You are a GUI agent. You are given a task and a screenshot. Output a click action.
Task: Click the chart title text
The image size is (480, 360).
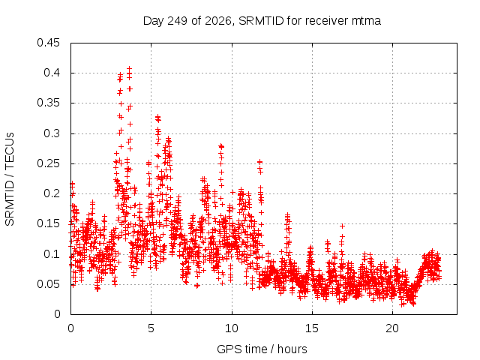[x=262, y=21]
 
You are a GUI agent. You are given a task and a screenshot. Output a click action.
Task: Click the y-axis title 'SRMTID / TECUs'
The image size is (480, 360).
[x=10, y=179]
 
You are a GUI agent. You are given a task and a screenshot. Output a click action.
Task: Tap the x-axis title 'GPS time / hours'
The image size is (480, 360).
[x=262, y=349]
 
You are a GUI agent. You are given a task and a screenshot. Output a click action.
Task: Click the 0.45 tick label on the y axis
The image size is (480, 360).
[x=48, y=43]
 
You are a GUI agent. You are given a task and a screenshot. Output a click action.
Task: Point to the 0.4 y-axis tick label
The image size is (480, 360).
[x=52, y=73]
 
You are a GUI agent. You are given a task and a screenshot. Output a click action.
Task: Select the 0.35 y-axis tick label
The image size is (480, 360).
[x=48, y=103]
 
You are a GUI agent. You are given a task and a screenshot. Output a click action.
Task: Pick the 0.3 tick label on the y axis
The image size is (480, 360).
[x=52, y=133]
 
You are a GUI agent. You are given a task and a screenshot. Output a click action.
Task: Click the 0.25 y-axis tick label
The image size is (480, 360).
[x=48, y=163]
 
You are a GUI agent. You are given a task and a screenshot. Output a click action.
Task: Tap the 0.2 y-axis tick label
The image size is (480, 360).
[x=52, y=193]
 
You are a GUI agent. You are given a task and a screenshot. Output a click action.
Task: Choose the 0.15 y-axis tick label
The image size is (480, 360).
[x=48, y=223]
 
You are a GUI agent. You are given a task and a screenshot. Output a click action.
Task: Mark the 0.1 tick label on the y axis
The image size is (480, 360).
[x=52, y=254]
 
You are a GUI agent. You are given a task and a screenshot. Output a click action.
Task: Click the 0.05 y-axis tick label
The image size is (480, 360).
[x=48, y=284]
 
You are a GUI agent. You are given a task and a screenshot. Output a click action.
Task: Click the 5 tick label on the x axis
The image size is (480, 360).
[x=151, y=328]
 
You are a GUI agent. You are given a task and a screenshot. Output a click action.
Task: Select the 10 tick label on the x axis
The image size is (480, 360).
[x=232, y=328]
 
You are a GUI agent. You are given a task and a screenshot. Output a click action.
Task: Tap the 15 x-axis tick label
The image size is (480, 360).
[x=312, y=328]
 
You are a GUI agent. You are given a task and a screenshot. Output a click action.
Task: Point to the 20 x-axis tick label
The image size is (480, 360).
[x=392, y=328]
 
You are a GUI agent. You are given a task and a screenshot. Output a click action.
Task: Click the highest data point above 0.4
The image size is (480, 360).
[x=130, y=68]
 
